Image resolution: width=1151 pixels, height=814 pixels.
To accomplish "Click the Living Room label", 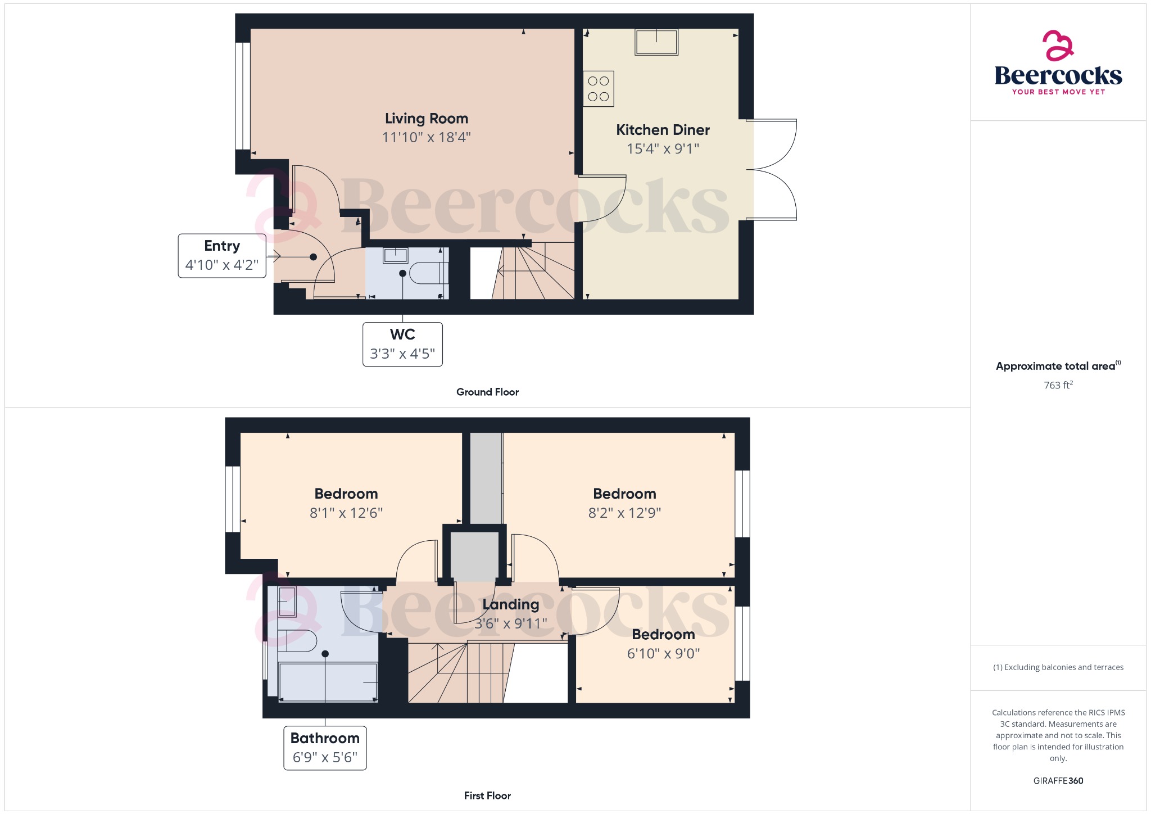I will [x=426, y=119].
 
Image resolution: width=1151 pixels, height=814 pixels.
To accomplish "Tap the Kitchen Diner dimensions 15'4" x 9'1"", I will [x=663, y=149].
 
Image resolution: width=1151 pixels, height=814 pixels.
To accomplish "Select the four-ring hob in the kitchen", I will [x=598, y=89].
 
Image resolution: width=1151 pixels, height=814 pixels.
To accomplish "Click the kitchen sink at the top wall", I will [x=656, y=42].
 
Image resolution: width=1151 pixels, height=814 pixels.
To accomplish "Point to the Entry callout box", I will [x=222, y=256].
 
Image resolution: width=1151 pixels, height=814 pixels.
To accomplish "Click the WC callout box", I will [x=402, y=344].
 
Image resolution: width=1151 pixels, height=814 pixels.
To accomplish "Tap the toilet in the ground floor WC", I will [x=427, y=273].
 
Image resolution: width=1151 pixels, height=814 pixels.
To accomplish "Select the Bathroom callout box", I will [x=325, y=748].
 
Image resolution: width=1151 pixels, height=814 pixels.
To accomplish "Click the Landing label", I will [x=510, y=605].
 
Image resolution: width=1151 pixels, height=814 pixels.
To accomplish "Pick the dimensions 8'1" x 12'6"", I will [x=346, y=513].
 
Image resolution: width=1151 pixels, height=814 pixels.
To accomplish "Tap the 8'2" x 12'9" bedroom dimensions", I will [x=624, y=513].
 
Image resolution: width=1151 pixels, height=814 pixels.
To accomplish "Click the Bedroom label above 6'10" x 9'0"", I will [x=663, y=635].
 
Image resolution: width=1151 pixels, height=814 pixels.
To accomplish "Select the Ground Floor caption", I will [x=487, y=392].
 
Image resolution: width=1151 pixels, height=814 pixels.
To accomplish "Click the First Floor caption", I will [x=487, y=796].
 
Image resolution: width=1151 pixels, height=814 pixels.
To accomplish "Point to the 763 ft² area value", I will [x=1058, y=385].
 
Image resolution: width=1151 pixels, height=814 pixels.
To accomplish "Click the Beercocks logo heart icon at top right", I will [x=1058, y=45].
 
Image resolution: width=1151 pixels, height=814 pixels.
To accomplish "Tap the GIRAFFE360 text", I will [x=1058, y=781].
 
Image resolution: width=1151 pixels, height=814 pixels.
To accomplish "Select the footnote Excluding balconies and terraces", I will [x=1058, y=667].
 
